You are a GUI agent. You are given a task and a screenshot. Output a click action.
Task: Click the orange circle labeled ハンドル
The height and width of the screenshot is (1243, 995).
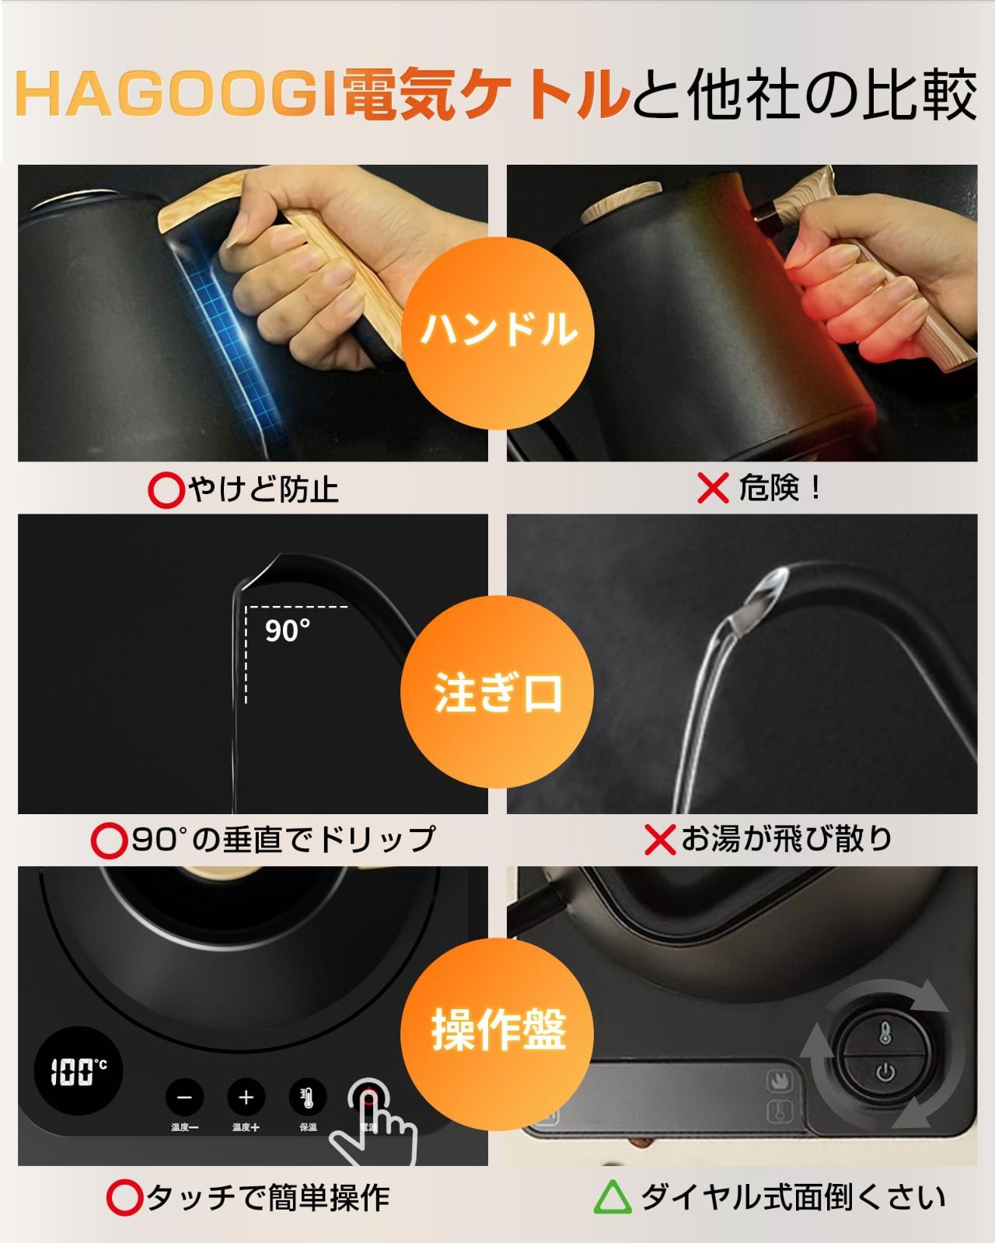click(x=497, y=329)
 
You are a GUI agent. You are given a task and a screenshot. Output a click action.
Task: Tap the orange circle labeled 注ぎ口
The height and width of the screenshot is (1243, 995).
click(x=497, y=691)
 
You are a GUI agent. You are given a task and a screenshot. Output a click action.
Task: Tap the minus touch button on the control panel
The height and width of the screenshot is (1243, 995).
click(x=184, y=1098)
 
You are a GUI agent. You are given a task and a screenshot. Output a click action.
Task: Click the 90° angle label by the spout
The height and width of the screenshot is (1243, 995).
click(x=288, y=630)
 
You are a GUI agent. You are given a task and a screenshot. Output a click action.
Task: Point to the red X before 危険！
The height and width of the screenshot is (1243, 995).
click(x=713, y=489)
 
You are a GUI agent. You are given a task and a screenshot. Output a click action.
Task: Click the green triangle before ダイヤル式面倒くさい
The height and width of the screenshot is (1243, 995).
click(x=613, y=1198)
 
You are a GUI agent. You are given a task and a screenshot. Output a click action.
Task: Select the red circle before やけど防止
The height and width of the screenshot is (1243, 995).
click(x=165, y=490)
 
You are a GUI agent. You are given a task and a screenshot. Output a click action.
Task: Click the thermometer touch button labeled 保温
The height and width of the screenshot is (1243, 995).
click(x=308, y=1098)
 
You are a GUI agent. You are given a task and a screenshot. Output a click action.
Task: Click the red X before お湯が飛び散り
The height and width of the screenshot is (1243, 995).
click(x=660, y=840)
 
